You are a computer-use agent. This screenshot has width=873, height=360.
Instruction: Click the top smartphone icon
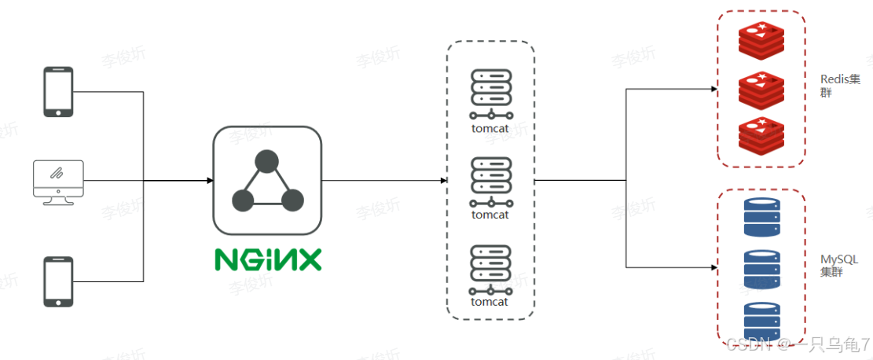point(58,92)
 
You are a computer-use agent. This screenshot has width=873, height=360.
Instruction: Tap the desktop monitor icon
point(58,182)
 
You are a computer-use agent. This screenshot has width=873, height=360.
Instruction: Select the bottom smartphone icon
point(58,281)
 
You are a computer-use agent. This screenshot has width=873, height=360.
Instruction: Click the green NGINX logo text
point(268,259)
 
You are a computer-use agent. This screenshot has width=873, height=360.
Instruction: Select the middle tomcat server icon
point(491,180)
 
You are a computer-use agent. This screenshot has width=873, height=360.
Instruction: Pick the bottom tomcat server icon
point(491,268)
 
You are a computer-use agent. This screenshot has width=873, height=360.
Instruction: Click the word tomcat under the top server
point(490,127)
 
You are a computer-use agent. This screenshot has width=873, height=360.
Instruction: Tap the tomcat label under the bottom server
point(490,302)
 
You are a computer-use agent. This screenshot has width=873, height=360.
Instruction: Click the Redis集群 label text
point(840,86)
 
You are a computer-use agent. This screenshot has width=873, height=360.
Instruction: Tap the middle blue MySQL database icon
point(762,270)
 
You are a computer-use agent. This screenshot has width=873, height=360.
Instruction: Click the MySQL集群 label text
point(839,266)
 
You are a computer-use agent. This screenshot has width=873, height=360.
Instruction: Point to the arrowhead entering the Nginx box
point(210,181)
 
